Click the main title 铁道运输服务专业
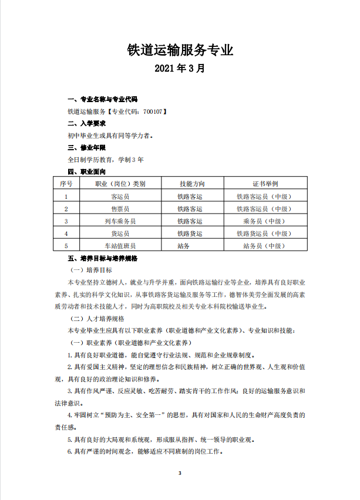[x=180, y=50]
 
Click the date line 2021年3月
[x=180, y=69]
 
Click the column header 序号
[x=66, y=184]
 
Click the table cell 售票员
[x=120, y=209]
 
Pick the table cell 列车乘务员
[x=120, y=221]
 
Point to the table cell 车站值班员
[x=120, y=246]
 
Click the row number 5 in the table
[x=66, y=246]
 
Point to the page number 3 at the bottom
[x=180, y=473]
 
